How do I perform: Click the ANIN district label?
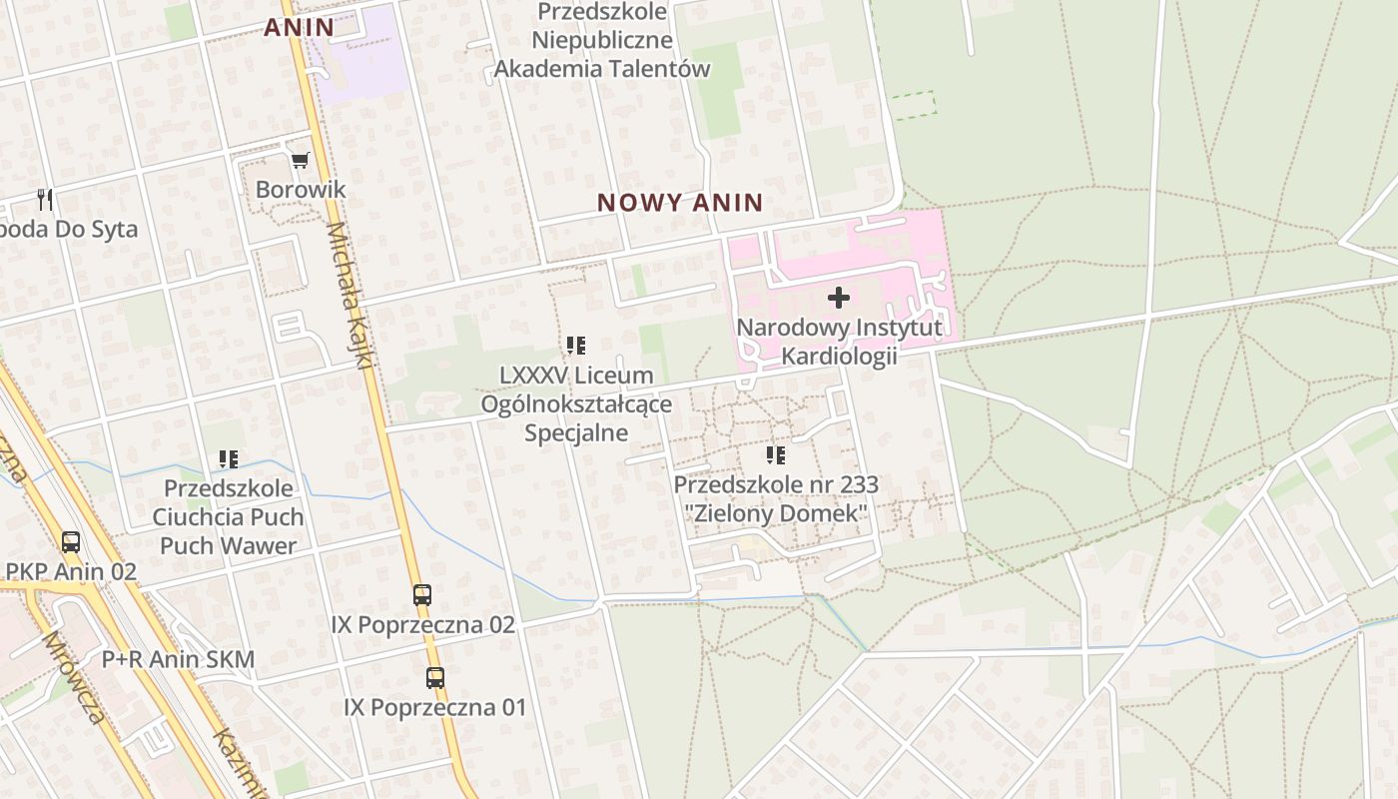click(x=299, y=28)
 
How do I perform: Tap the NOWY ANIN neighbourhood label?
click(x=680, y=203)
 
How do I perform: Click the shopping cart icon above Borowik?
click(x=301, y=160)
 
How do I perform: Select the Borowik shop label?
click(x=301, y=189)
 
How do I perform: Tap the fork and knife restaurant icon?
click(x=44, y=199)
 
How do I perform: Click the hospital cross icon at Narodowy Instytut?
click(x=839, y=297)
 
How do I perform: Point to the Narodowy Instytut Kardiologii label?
click(x=839, y=342)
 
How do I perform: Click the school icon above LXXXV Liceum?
click(x=576, y=346)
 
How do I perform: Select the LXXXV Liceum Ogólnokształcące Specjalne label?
click(x=576, y=403)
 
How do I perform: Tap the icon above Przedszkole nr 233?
click(x=776, y=455)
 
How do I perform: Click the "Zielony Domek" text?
click(x=776, y=513)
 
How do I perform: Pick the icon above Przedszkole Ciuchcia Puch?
click(x=229, y=459)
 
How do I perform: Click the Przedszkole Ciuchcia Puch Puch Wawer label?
click(x=229, y=517)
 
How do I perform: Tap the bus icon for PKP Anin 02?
click(x=71, y=542)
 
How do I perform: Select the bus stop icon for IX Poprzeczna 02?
click(x=422, y=595)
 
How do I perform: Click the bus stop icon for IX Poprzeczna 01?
click(x=435, y=678)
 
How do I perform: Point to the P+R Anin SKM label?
click(x=178, y=659)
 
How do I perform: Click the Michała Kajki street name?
click(x=349, y=295)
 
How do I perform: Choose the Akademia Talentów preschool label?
click(x=602, y=69)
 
